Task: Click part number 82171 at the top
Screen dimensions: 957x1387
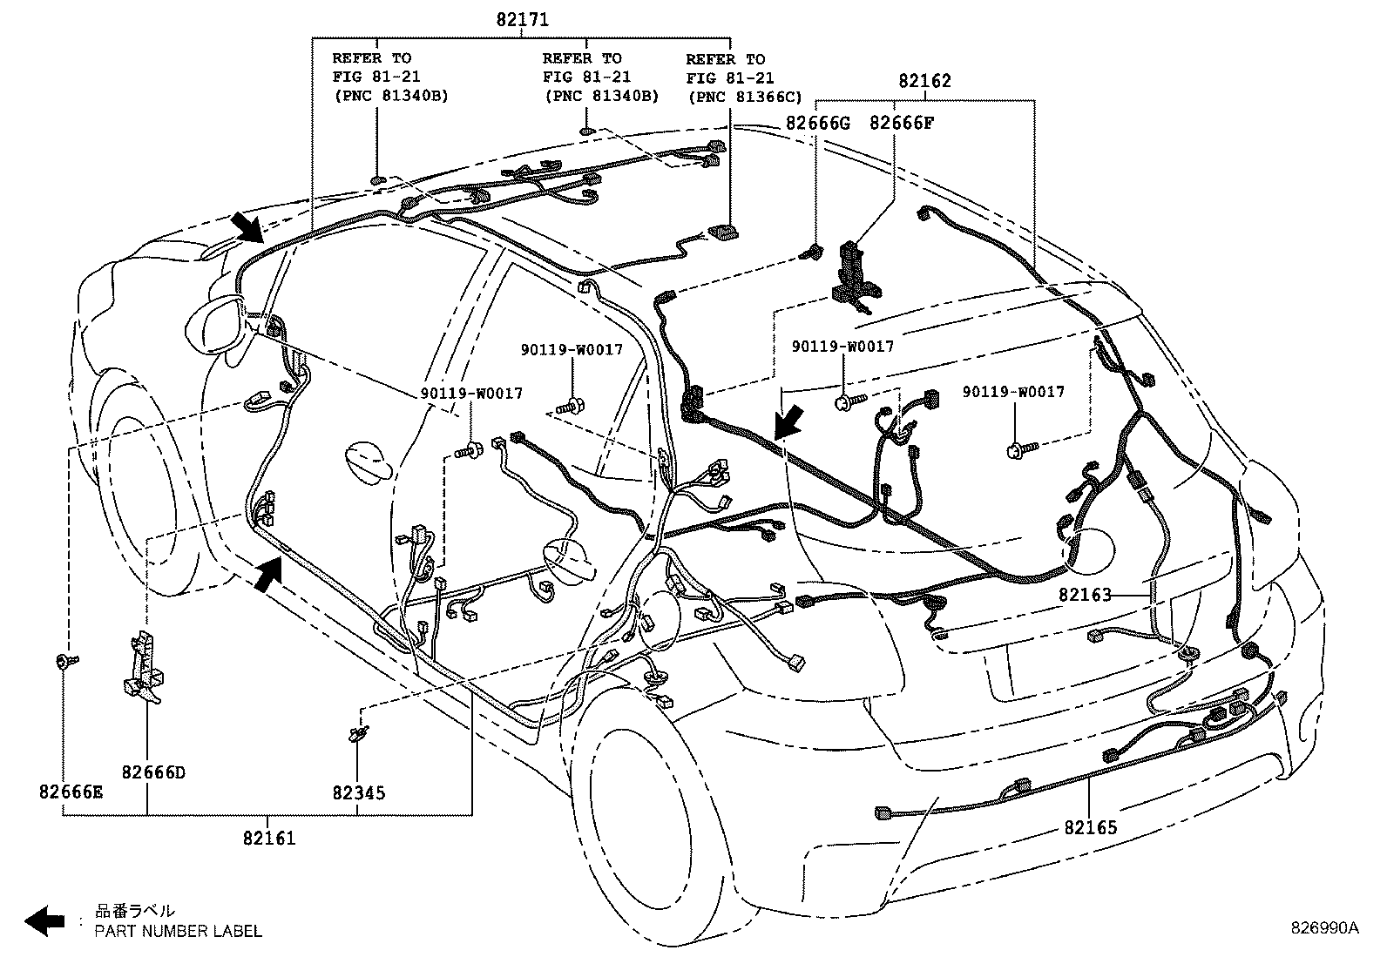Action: coord(522,19)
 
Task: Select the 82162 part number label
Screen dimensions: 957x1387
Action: coord(924,81)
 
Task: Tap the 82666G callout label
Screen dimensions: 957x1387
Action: coord(816,123)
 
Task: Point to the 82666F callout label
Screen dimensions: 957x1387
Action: coord(901,123)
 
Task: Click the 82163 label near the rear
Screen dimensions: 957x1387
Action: coord(1086,596)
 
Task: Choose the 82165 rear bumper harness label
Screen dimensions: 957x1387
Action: coord(1090,827)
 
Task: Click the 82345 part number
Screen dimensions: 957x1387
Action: coord(358,793)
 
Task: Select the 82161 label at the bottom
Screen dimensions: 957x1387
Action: coord(269,839)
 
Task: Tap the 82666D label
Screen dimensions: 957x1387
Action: coord(153,772)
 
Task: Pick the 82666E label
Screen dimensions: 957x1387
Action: coord(71,792)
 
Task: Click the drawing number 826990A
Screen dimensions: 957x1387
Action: coord(1324,928)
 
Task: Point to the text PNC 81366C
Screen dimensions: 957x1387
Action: coord(745,98)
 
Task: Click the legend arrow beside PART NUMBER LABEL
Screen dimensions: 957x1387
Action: coord(44,920)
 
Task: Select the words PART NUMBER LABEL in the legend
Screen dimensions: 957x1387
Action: coord(178,931)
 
